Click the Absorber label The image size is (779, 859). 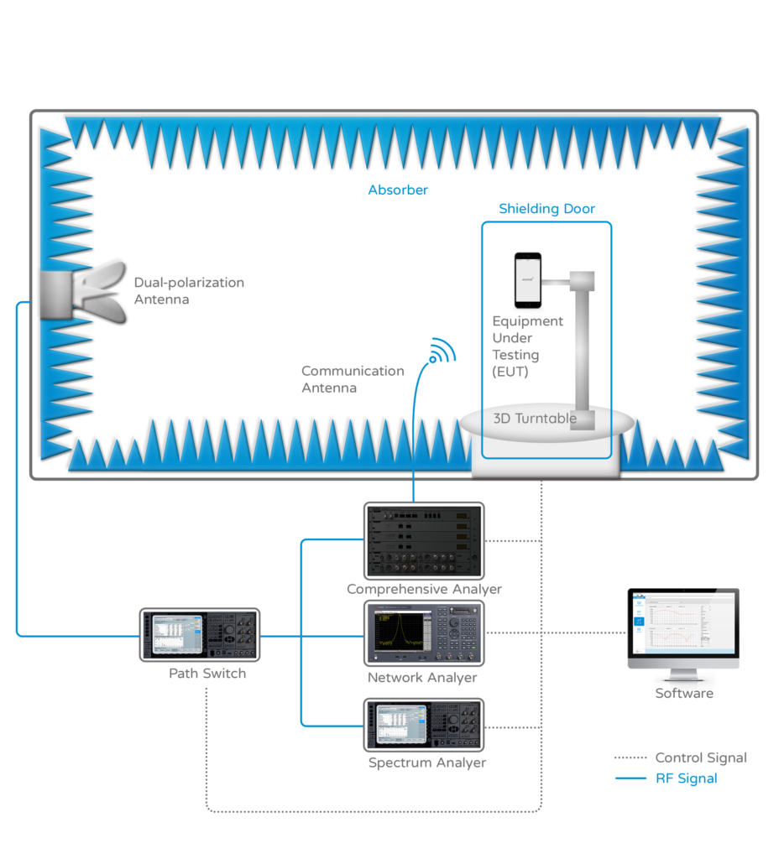tap(398, 190)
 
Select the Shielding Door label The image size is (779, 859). tap(546, 209)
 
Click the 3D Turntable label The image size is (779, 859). tap(535, 419)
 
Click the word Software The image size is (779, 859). tap(684, 694)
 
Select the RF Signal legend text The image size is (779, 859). tap(687, 778)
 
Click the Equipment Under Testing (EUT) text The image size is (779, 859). tap(527, 346)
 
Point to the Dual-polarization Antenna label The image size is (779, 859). tap(189, 290)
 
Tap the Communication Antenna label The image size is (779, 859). tap(353, 379)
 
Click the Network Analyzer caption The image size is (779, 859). tap(422, 678)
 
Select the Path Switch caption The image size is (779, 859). tap(207, 673)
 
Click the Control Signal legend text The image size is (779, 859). tap(701, 758)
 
